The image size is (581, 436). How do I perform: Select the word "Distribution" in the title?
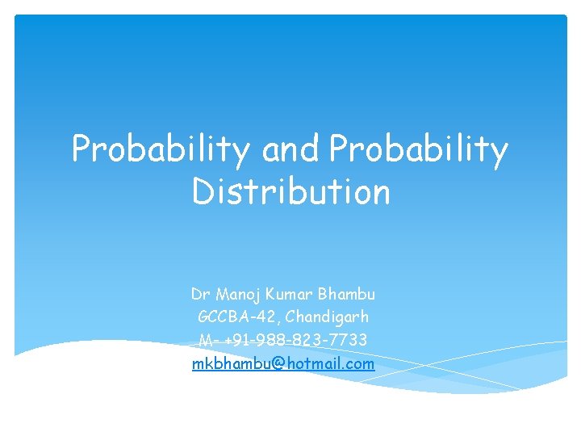(x=290, y=192)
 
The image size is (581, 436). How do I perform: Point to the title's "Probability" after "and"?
(x=419, y=150)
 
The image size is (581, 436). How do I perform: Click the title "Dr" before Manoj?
(x=199, y=293)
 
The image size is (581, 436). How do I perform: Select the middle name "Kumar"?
(x=289, y=293)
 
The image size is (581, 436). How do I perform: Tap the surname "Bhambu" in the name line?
(x=346, y=293)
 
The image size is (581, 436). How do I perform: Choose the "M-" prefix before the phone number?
(x=206, y=340)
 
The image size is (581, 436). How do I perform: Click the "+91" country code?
(x=232, y=340)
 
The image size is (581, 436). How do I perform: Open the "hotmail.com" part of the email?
(x=330, y=363)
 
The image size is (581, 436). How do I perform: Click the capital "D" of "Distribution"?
(x=202, y=192)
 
